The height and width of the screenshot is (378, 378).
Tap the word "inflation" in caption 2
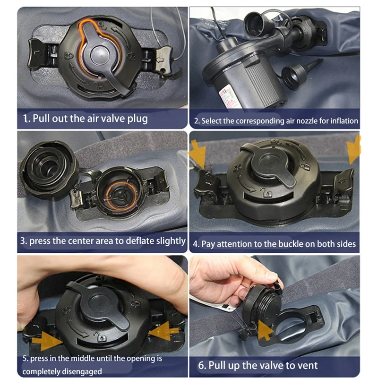pyautogui.click(x=344, y=120)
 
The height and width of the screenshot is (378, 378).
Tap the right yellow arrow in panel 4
pyautogui.click(x=354, y=150)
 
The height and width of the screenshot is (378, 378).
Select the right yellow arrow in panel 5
pyautogui.click(x=163, y=331)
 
